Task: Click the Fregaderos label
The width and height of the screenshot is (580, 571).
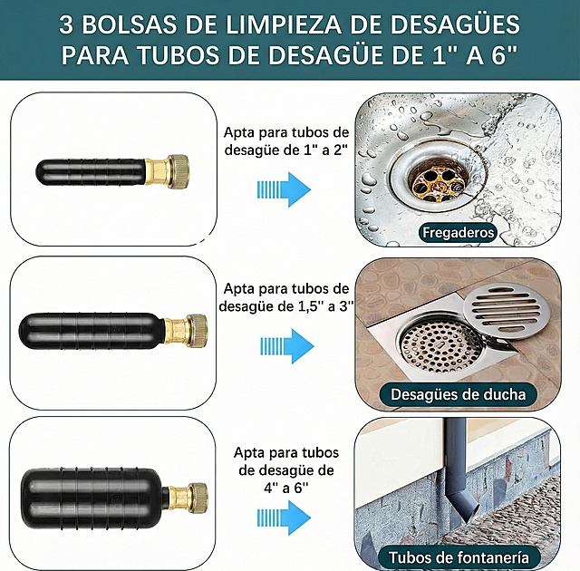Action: click(x=459, y=233)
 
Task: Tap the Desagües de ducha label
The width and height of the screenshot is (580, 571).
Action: click(x=458, y=394)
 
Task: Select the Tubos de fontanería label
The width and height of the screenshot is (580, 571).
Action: click(x=459, y=556)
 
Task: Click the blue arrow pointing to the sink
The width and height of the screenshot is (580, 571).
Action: click(x=285, y=189)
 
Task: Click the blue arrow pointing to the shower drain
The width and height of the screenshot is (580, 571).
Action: click(x=285, y=345)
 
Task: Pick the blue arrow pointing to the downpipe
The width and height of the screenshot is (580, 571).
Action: click(x=285, y=513)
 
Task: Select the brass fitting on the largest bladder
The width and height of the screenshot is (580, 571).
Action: click(x=188, y=496)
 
